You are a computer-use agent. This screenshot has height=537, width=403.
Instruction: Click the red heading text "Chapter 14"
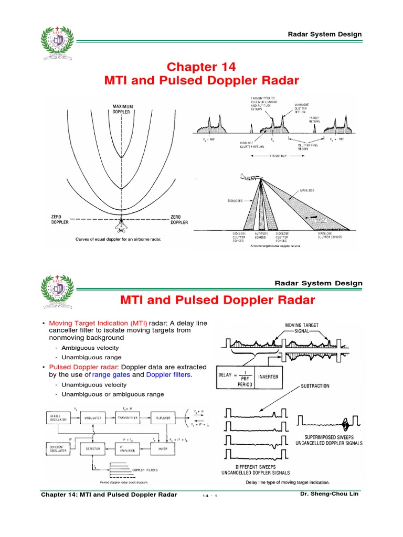[201, 67]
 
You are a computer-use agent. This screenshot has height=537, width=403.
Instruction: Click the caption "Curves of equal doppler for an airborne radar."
[118, 239]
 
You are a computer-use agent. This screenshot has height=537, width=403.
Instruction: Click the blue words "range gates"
[112, 374]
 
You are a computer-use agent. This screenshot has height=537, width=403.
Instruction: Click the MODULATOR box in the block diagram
[94, 418]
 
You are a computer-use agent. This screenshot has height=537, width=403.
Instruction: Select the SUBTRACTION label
[315, 386]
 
